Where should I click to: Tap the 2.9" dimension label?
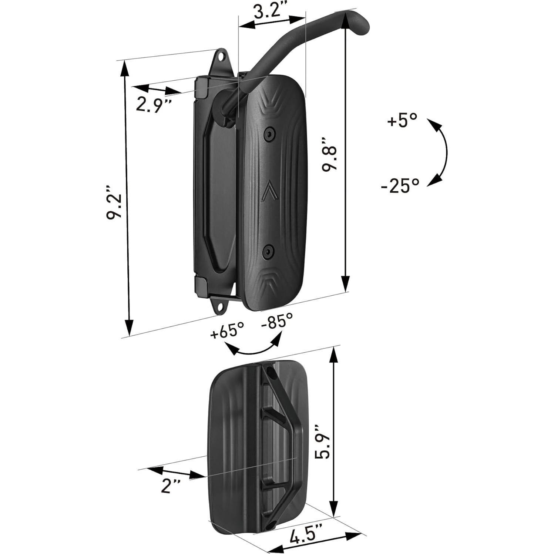pos(153,104)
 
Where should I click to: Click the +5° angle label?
pos(402,121)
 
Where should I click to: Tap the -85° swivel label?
pos(277,320)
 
